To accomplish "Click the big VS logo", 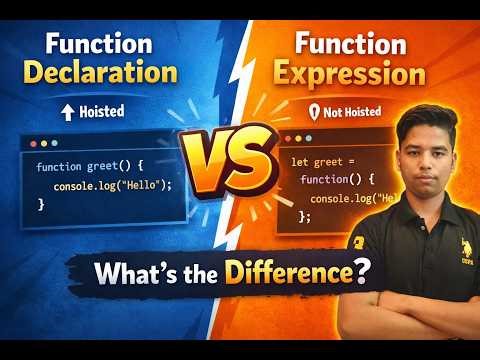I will click(x=228, y=163).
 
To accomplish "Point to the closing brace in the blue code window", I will click(x=42, y=203).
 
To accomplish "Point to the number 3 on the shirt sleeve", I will click(x=356, y=241).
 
